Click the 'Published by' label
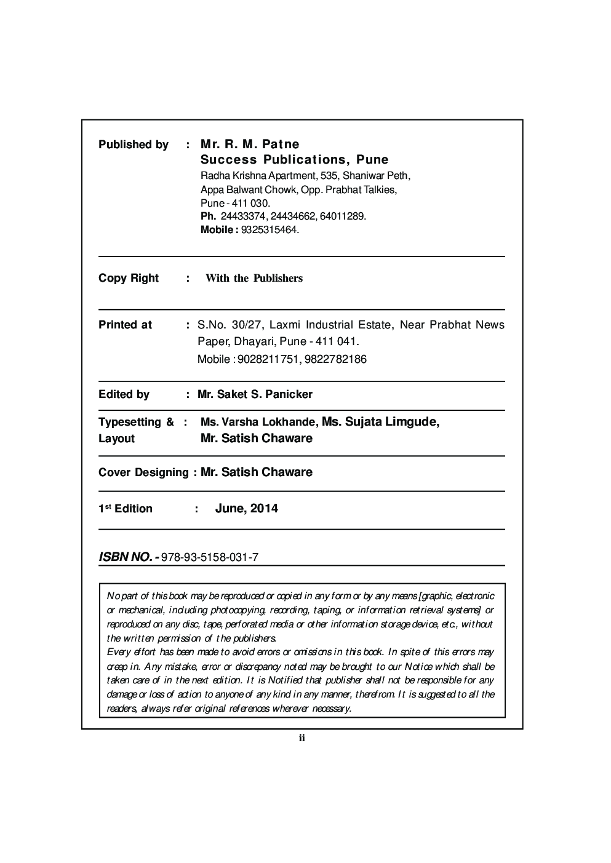click(133, 145)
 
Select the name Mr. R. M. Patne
click(250, 144)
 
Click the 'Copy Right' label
click(129, 278)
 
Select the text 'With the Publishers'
click(254, 278)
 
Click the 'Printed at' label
click(125, 325)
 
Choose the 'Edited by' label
click(124, 394)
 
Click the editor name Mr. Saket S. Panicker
click(255, 394)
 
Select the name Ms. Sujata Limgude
click(380, 421)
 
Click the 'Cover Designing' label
click(143, 472)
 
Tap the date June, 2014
click(246, 508)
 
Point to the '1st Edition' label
click(126, 509)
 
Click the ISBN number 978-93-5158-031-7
click(209, 557)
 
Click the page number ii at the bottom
click(302, 738)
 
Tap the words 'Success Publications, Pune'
click(295, 160)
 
